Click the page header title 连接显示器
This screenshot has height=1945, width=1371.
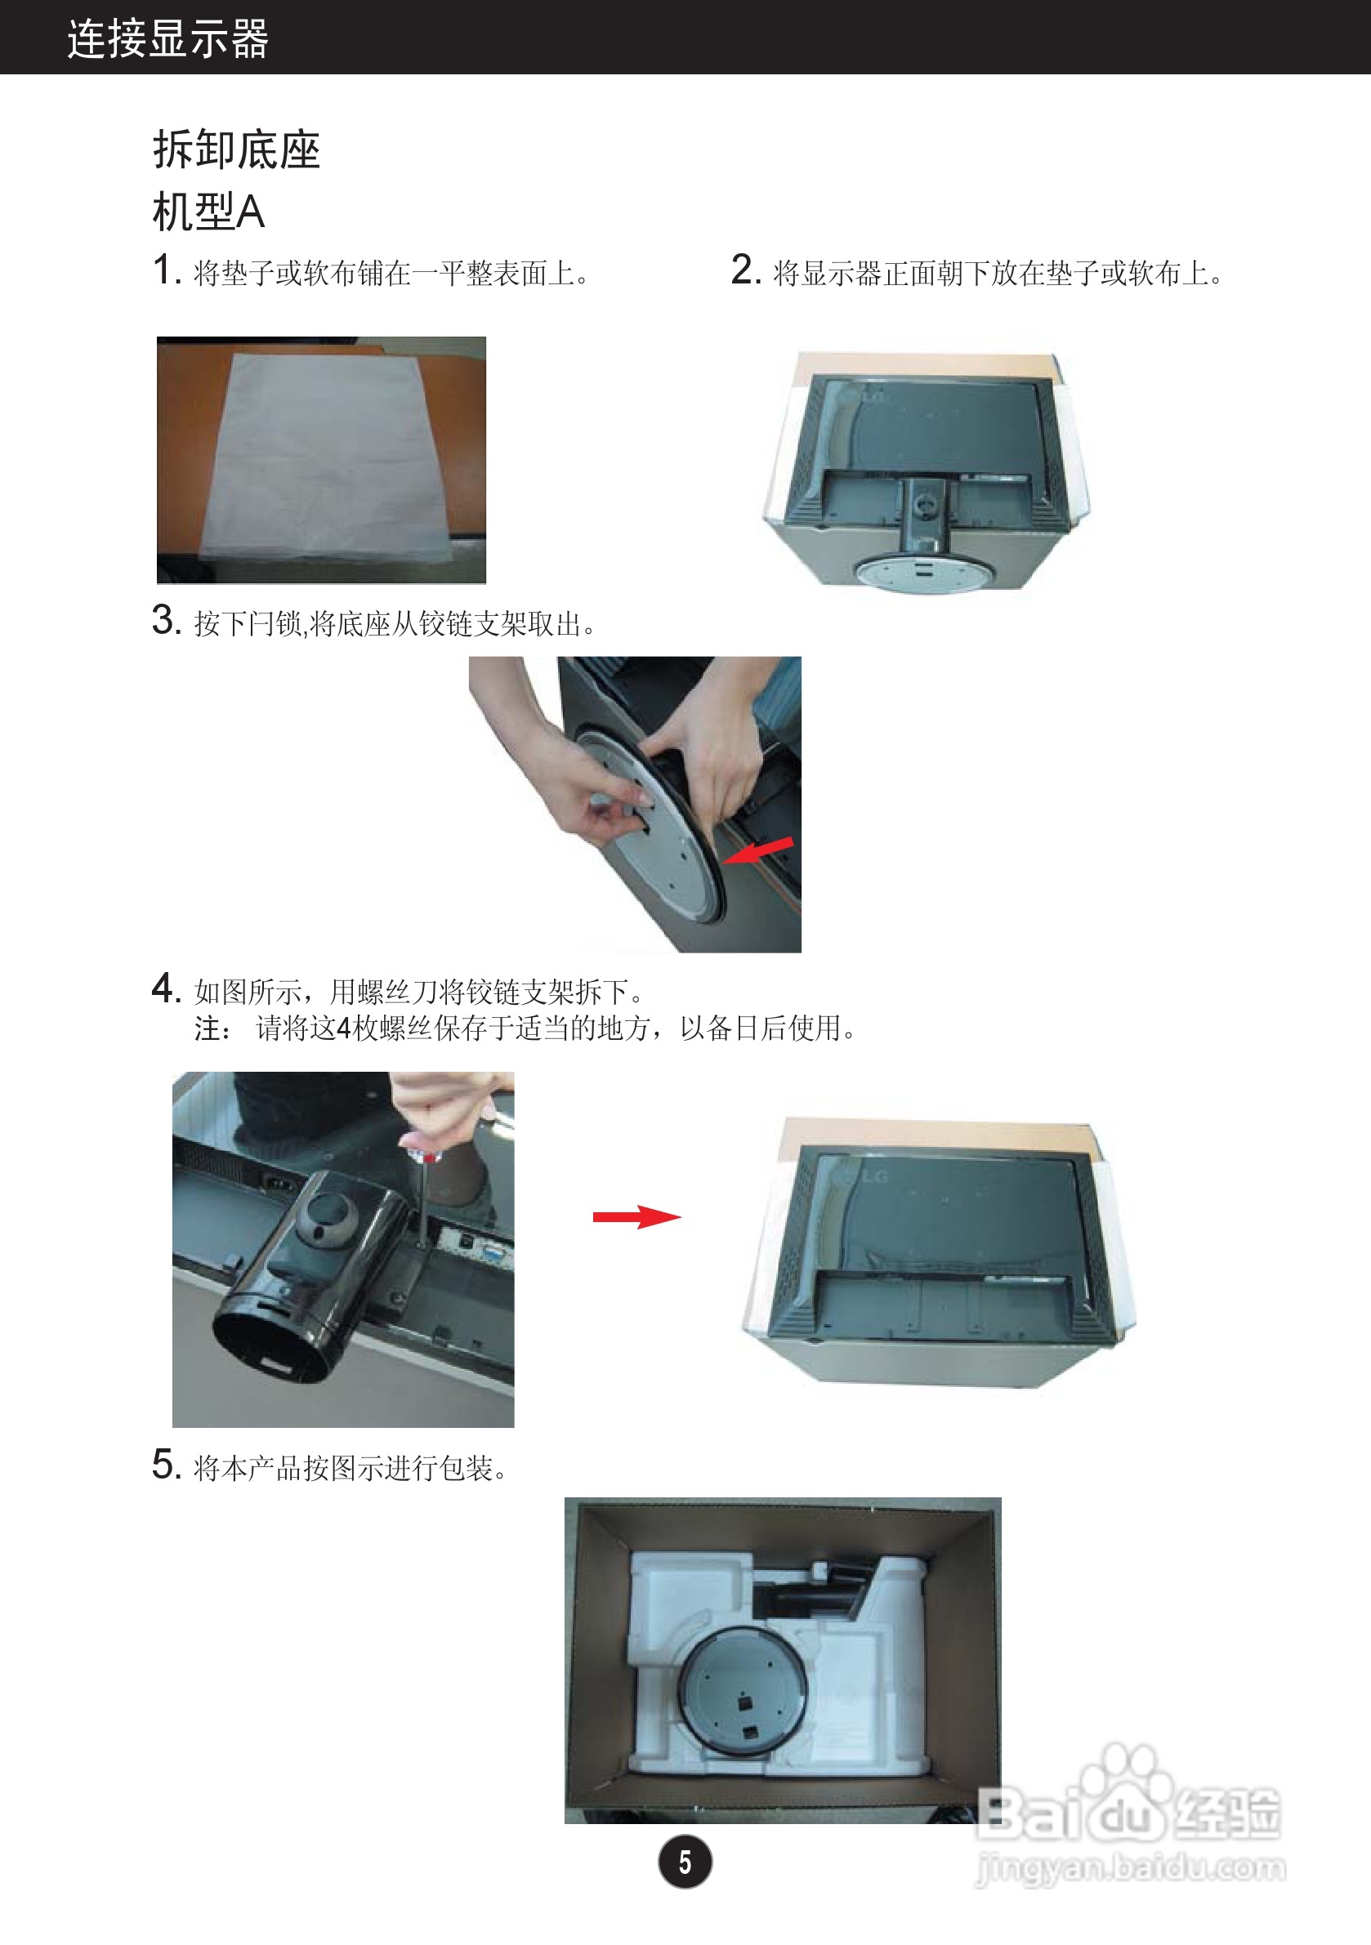click(x=167, y=39)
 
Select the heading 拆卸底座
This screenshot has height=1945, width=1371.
click(x=236, y=150)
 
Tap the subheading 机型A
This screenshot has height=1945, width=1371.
click(x=208, y=212)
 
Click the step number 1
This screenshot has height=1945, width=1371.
click(x=166, y=270)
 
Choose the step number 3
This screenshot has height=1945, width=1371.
click(x=166, y=620)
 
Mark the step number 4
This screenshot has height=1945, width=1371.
click(x=166, y=988)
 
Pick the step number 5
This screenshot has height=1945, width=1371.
click(x=166, y=1465)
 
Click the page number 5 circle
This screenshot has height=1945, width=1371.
click(x=685, y=1862)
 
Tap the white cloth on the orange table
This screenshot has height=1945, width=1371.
click(x=326, y=457)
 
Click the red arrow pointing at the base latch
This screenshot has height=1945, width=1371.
click(x=758, y=851)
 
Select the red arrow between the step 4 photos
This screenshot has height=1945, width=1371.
click(x=636, y=1217)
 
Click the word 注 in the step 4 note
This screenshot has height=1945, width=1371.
click(x=208, y=1028)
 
